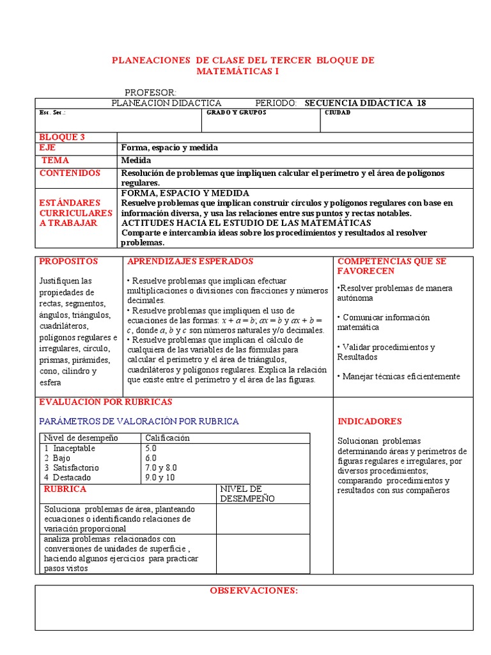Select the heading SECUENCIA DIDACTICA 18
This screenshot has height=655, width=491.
pos(365,103)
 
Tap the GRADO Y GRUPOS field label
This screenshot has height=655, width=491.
pos(237,113)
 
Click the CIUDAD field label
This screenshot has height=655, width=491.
pos(338,113)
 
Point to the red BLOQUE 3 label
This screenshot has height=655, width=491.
pos(62,137)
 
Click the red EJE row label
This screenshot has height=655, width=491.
pos(48,148)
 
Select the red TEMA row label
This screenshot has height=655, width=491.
pos(56,161)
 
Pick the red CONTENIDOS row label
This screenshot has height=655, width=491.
pos(70,173)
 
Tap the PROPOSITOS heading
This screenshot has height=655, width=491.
pos(68,262)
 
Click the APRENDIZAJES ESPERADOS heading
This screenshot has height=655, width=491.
pos(191,262)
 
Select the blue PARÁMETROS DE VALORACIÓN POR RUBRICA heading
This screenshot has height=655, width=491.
pos(139,422)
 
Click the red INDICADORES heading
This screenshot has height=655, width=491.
pos(370,422)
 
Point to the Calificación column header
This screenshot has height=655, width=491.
pos(168,438)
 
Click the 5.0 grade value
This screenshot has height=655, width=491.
pos(151,448)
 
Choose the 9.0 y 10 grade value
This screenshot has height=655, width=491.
pos(160,477)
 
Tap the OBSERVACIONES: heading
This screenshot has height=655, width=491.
pos(254,590)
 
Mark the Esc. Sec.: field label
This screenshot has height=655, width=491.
pos(52,113)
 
